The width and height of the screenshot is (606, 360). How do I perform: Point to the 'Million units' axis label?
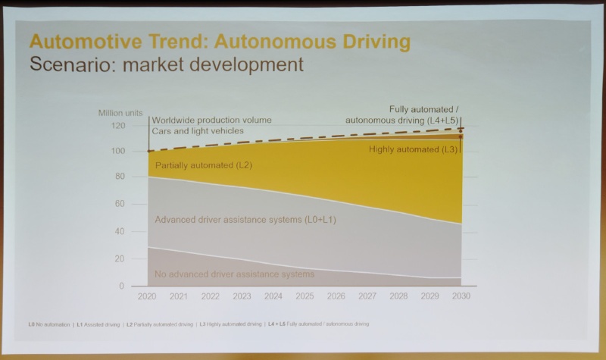[x=120, y=113]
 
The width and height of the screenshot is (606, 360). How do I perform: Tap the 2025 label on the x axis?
[x=305, y=296]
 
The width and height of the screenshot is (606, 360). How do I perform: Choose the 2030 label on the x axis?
[x=461, y=296]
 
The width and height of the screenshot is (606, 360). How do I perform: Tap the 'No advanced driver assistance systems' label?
[x=234, y=274]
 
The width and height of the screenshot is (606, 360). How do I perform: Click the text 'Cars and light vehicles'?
[x=198, y=131]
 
